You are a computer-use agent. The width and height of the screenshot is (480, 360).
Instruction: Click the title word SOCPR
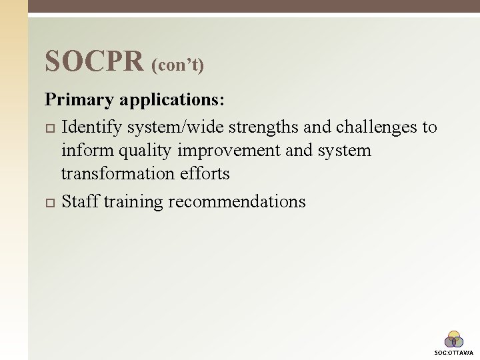click(x=94, y=61)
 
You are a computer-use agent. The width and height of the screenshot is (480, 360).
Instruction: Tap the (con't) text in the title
click(x=178, y=65)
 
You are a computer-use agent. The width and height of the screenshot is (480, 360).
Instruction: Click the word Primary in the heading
click(x=79, y=101)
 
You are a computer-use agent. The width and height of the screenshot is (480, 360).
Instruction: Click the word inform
click(x=84, y=150)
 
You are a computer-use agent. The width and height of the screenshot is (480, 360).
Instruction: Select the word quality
click(x=138, y=151)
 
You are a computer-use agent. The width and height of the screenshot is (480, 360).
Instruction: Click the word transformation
click(x=118, y=173)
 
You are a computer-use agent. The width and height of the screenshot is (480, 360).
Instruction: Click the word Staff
click(x=80, y=201)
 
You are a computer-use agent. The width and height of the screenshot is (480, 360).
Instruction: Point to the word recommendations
click(x=237, y=201)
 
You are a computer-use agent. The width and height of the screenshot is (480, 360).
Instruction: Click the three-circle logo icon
click(x=454, y=340)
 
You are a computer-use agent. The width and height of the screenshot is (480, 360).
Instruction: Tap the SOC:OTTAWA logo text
click(x=454, y=353)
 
